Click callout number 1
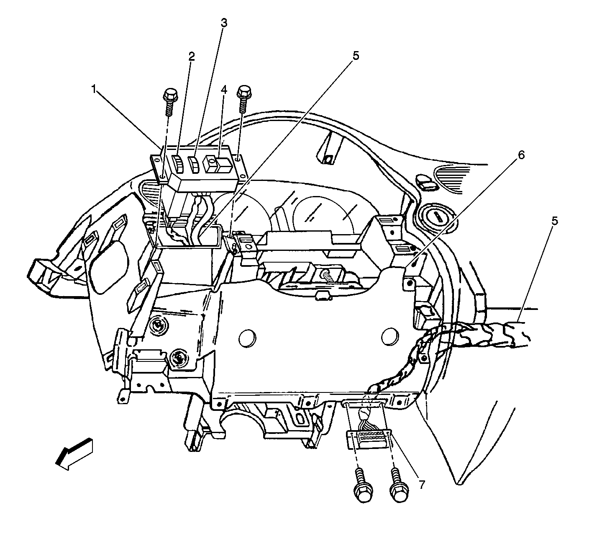[95, 88]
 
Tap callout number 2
[192, 57]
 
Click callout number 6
[521, 155]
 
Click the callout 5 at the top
[356, 56]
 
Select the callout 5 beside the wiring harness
[554, 220]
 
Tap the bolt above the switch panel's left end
[169, 101]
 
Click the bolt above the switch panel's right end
[242, 97]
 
